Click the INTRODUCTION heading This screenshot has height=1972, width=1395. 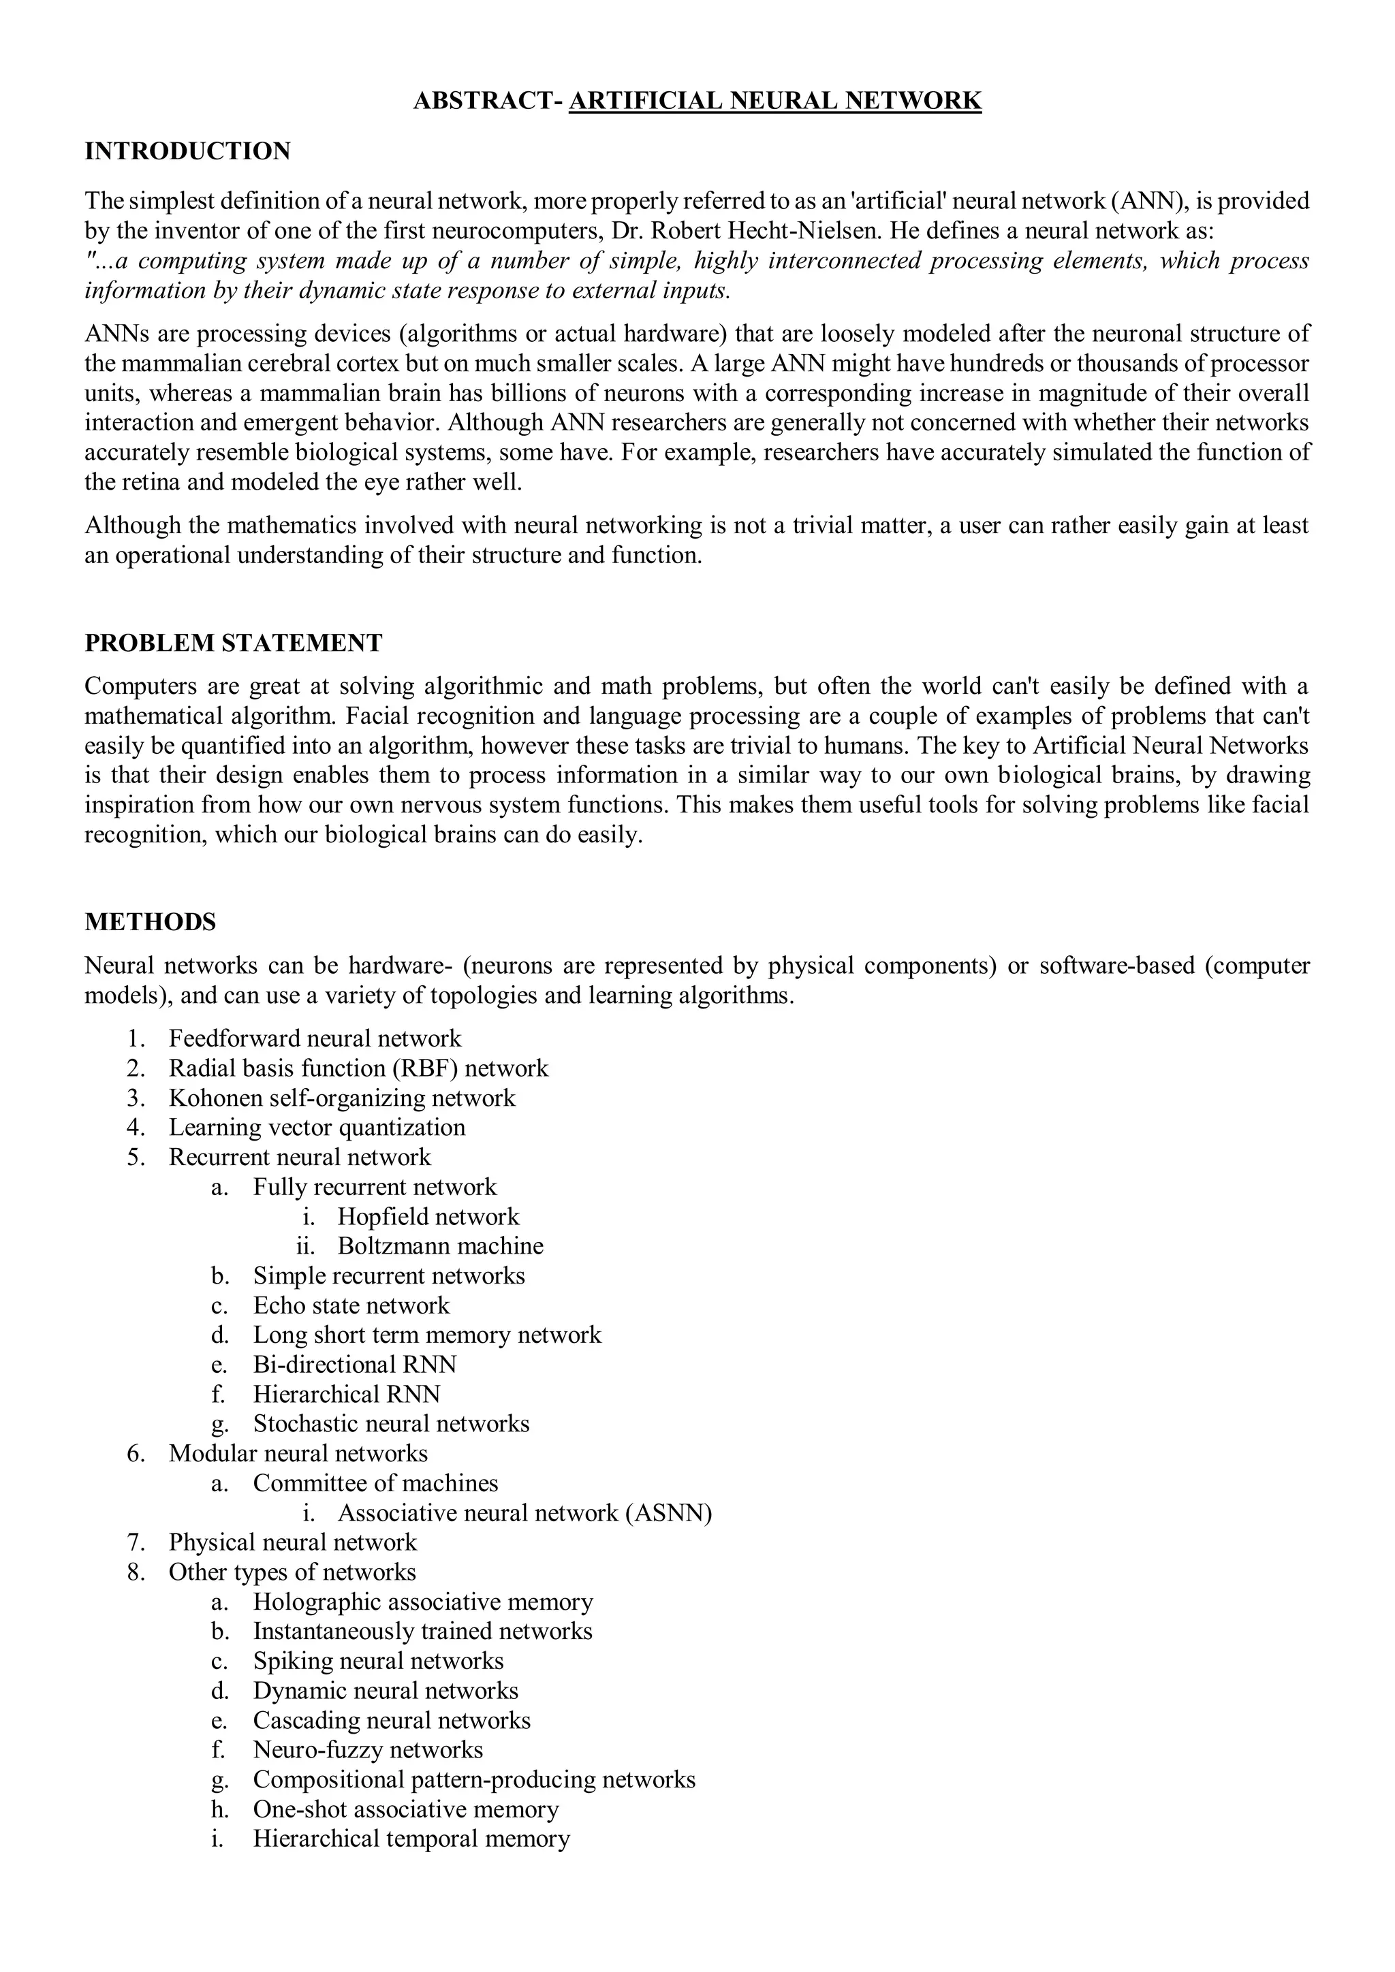click(187, 151)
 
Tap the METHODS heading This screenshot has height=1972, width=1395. click(151, 923)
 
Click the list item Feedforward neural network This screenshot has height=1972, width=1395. click(315, 1038)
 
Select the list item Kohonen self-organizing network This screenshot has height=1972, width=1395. click(342, 1098)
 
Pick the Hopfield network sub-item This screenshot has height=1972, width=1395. click(428, 1216)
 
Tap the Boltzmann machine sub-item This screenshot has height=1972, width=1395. click(440, 1245)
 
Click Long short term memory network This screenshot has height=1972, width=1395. click(427, 1335)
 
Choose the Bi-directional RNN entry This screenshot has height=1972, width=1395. click(355, 1364)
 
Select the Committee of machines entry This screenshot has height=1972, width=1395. click(375, 1482)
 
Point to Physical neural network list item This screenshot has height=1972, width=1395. click(292, 1542)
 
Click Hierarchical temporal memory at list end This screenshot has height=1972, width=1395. click(411, 1838)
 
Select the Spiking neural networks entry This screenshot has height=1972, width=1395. click(378, 1660)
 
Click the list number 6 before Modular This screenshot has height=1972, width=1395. click(136, 1453)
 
